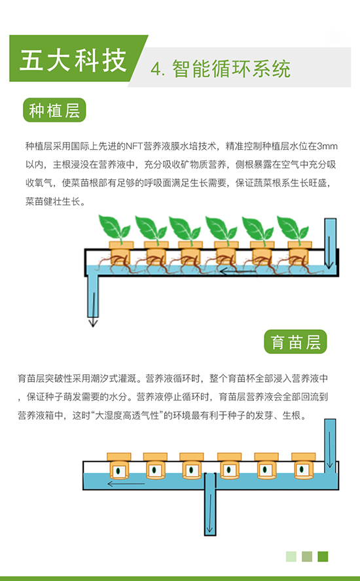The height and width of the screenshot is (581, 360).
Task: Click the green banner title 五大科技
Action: tap(73, 60)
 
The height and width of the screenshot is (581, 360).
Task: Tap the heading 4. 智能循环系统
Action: tap(221, 69)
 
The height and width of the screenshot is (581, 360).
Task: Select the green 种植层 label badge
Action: tap(54, 110)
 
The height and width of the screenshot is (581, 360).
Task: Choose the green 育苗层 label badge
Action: tap(295, 342)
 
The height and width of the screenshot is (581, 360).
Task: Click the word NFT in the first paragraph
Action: tap(134, 146)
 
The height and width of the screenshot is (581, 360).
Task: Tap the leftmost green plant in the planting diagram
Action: tap(115, 227)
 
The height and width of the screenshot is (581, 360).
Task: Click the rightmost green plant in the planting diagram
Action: tap(293, 227)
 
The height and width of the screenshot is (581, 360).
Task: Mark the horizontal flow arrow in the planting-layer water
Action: tap(238, 272)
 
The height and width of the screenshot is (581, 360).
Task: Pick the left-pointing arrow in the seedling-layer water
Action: tap(126, 484)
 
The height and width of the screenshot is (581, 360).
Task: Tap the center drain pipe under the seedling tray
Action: tap(210, 504)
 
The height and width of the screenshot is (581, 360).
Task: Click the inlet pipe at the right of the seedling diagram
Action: tap(330, 446)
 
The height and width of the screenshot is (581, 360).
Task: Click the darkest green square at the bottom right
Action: tap(323, 557)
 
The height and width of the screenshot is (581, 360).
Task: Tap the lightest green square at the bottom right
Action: tap(291, 557)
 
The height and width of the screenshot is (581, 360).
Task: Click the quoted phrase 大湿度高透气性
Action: tap(127, 415)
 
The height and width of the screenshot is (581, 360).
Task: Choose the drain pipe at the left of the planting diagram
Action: tap(93, 292)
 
